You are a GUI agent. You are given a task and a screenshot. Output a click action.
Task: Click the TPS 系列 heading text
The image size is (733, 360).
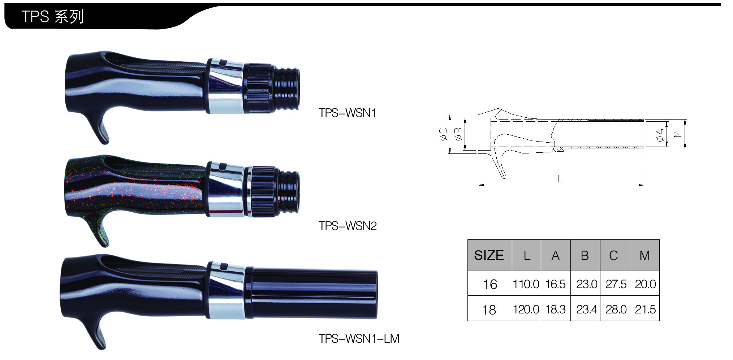coord(53,17)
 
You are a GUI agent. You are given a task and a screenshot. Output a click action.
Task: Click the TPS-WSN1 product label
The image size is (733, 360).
coord(347,113)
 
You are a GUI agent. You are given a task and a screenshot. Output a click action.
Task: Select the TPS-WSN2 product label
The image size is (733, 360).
coord(348,226)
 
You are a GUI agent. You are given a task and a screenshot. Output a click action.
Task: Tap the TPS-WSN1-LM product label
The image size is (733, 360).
coord(359,339)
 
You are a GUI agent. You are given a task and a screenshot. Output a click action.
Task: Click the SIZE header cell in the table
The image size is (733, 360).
coord(489,255)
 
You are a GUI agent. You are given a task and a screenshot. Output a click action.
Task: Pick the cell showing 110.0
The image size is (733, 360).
coord(526,284)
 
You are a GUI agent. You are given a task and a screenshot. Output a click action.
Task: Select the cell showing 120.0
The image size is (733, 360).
coord(526,309)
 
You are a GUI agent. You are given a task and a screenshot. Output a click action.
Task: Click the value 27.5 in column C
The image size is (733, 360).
coord(616,284)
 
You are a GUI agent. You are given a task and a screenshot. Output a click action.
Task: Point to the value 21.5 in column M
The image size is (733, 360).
coord(645,309)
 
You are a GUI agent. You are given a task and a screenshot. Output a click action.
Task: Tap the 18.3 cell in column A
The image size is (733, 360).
coord(555,309)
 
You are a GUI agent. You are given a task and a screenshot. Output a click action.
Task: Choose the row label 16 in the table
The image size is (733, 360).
coord(490,285)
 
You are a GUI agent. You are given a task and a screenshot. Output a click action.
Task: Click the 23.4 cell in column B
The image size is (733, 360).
coord(586,309)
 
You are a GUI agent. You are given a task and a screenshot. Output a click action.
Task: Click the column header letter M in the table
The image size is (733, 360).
coord(644,256)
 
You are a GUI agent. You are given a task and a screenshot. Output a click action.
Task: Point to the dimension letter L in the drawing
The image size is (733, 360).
coord(560,178)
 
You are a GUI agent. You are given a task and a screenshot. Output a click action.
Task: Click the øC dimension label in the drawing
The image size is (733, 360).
coord(444,134)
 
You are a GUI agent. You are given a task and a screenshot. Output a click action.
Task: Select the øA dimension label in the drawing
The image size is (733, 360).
coord(660,135)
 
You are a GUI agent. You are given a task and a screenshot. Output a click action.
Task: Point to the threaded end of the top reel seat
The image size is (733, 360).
coord(287,89)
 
